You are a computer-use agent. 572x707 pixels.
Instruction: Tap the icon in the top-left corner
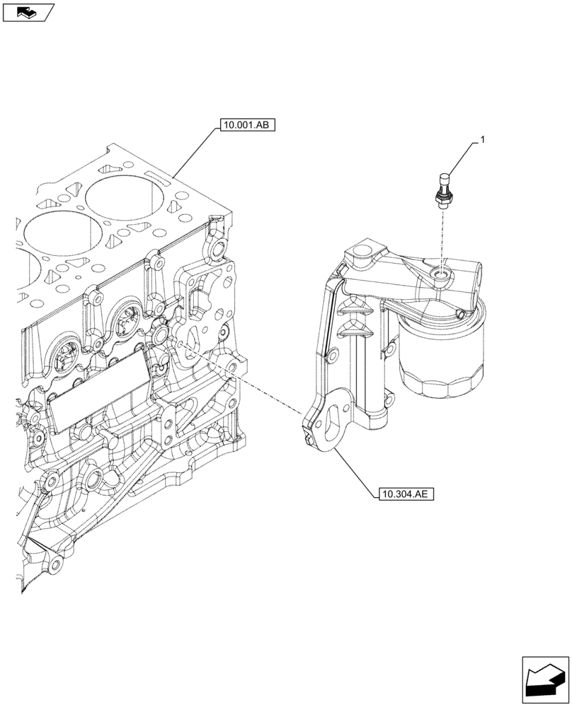point(27,12)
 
